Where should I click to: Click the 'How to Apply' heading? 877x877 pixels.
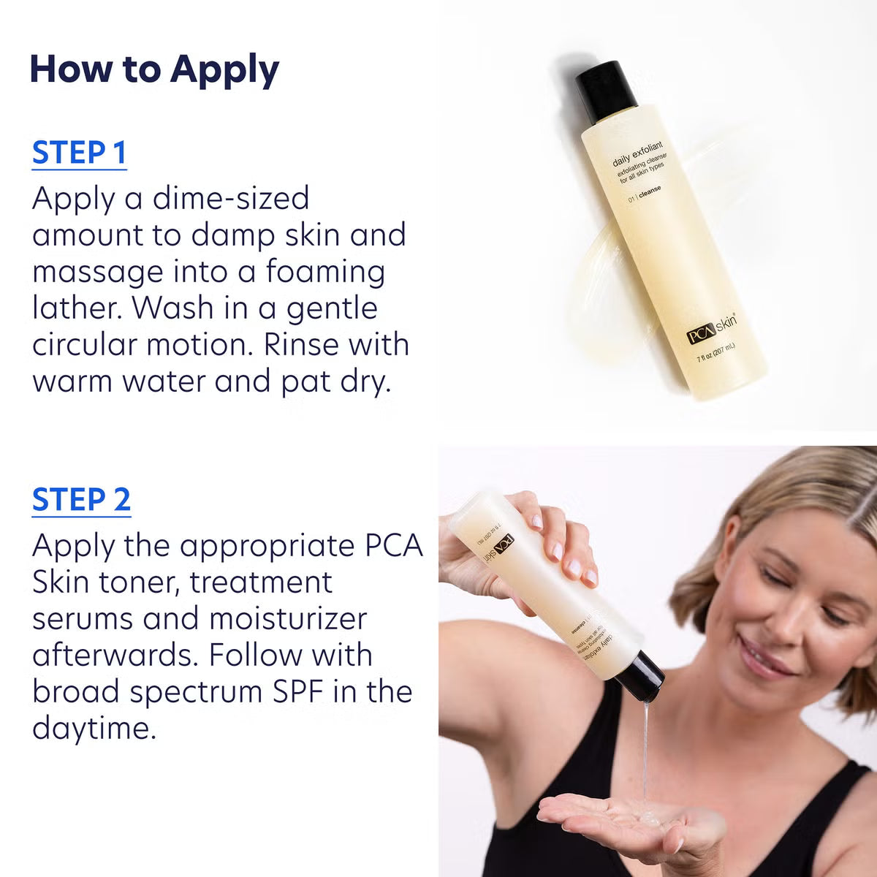[154, 70]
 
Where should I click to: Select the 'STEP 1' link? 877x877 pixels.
[80, 153]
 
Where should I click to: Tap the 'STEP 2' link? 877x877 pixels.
[81, 500]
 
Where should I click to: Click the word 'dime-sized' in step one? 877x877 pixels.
[231, 199]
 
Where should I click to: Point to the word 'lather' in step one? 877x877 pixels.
[77, 308]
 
